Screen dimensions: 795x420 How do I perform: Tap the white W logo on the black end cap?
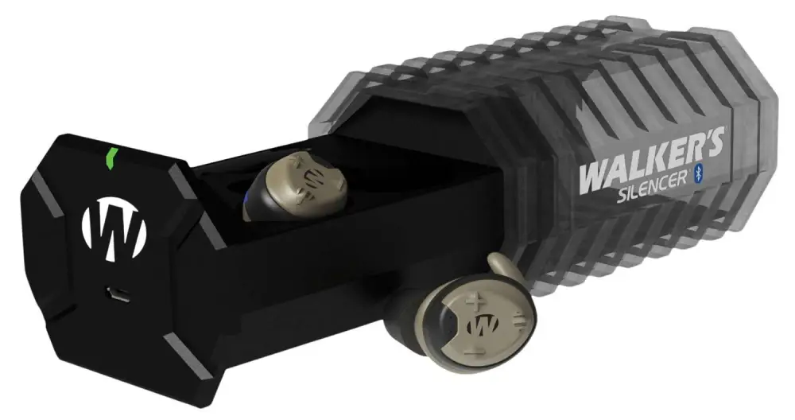[x=114, y=227]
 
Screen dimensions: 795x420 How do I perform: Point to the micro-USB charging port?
[x=118, y=294]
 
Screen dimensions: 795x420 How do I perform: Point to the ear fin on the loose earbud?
[x=499, y=266]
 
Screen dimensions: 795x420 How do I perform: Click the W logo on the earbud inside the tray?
[x=313, y=179]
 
